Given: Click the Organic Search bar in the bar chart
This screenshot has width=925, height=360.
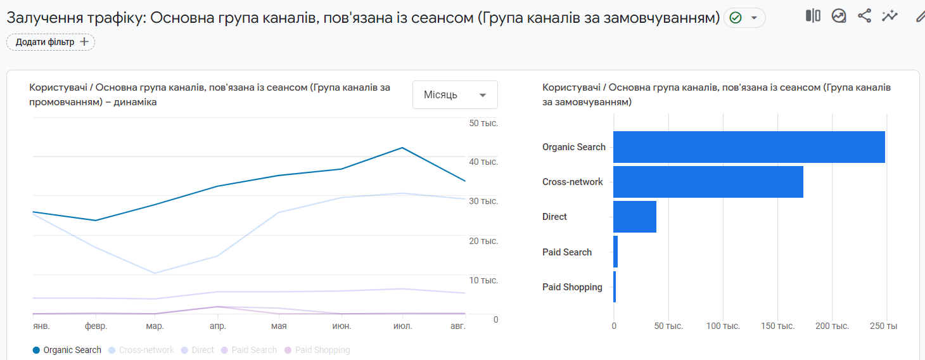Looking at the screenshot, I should (x=749, y=147).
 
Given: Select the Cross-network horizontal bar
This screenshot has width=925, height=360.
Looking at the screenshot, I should (x=708, y=182).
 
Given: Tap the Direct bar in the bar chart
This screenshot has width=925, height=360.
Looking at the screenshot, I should (x=635, y=217).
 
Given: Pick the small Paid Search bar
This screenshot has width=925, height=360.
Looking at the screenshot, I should (x=615, y=252).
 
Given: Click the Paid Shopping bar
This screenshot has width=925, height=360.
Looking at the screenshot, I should (x=615, y=286).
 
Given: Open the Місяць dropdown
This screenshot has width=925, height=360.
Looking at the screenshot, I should (x=455, y=95).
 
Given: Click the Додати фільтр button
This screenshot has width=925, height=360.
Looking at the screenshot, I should (x=51, y=42).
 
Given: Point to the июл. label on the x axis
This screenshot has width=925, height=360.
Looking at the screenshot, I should (x=402, y=326).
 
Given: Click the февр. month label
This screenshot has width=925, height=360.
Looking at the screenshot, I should (x=96, y=326).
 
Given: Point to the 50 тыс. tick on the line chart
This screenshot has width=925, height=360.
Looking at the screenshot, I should (x=483, y=123).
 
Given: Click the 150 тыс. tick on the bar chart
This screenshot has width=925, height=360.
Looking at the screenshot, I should (x=777, y=326).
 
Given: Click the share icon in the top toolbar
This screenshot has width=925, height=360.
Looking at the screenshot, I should (x=864, y=16).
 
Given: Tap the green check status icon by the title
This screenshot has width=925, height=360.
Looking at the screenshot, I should (x=736, y=18).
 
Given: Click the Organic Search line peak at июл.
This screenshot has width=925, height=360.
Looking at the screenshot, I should (x=402, y=148).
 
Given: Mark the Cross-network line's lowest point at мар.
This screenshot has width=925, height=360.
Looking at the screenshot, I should (x=155, y=273).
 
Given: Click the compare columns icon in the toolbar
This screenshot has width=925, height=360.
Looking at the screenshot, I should (x=813, y=16).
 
